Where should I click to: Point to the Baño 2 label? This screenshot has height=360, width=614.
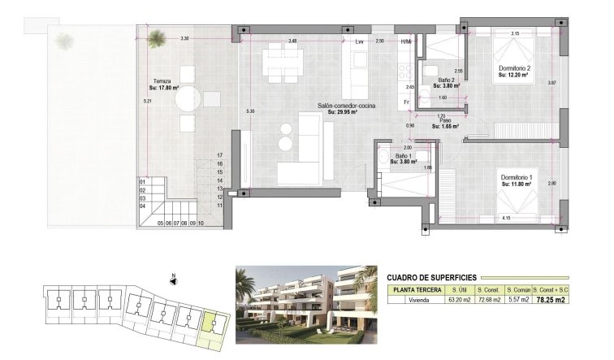[445, 81]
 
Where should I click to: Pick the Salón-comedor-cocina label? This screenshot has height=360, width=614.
[346, 105]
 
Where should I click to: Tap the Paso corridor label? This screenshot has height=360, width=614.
[445, 124]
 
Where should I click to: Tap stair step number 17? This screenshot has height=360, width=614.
[219, 154]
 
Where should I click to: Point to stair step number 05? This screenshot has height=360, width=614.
[161, 222]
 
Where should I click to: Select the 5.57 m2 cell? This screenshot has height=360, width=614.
[518, 300]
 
